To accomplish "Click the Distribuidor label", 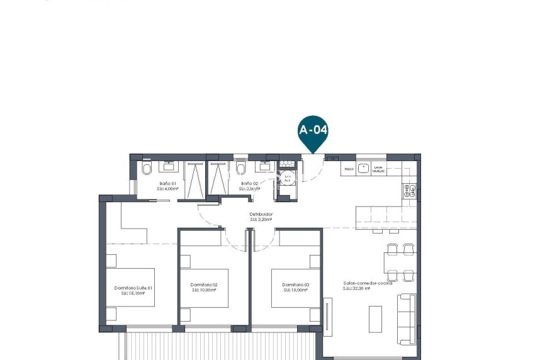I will (260, 217).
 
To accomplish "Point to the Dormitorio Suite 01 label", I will (133, 290).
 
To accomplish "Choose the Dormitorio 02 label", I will (203, 287).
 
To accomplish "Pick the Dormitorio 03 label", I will (295, 287).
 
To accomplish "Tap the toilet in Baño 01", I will (146, 169).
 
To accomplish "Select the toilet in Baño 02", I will (240, 169).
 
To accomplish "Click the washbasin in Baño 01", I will (169, 167).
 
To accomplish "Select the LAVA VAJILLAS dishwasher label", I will (379, 169).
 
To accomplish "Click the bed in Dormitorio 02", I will (205, 286).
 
